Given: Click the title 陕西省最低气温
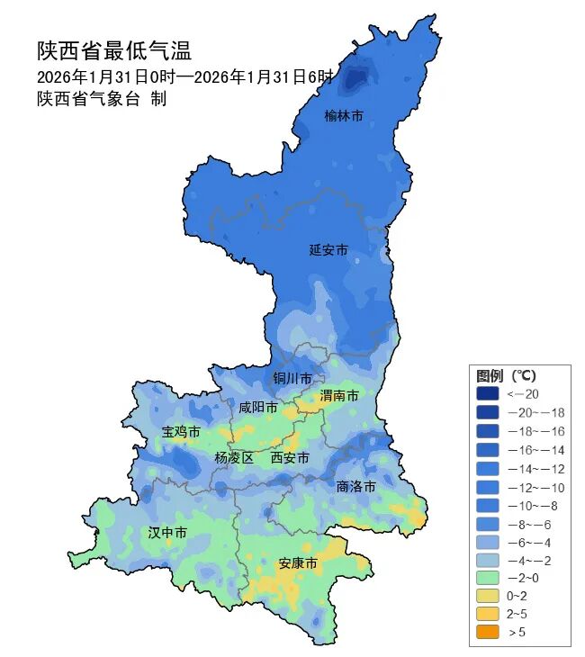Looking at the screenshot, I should [x=114, y=50].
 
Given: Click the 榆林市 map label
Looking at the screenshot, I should [x=344, y=116].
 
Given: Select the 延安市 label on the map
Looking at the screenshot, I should [x=328, y=249].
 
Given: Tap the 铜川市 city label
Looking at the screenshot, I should [x=292, y=378].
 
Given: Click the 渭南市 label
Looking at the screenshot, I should [x=339, y=396].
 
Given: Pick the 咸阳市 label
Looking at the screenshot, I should [x=257, y=408].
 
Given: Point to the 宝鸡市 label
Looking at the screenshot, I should [x=181, y=432].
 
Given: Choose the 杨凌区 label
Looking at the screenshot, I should [x=234, y=458].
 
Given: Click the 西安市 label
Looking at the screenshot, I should [x=290, y=458].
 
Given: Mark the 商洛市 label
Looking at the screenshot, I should [x=355, y=486].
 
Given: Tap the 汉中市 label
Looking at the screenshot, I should [x=167, y=533].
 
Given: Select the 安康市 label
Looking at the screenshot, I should [x=298, y=563].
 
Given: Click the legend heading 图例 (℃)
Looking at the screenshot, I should [x=506, y=374].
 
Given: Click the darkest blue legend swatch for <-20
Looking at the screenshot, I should [x=487, y=394].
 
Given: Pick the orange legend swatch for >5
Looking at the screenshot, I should [x=487, y=633].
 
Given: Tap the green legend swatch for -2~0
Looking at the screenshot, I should [x=487, y=577].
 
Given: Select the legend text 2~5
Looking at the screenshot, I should [x=517, y=614].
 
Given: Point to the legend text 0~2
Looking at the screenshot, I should [x=517, y=596].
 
